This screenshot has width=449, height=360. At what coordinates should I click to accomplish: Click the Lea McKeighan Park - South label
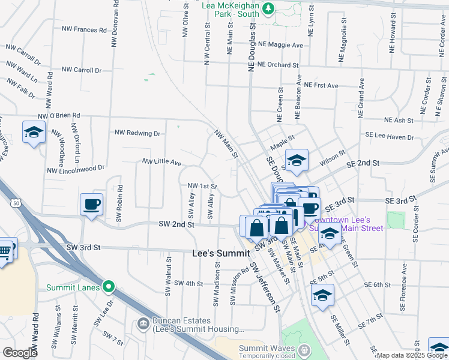tap(231, 8)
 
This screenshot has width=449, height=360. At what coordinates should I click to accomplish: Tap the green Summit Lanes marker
tap(108, 287)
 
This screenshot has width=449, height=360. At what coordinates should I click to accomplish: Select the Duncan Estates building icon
tap(143, 324)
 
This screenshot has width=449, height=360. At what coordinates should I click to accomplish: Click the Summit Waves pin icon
tap(304, 349)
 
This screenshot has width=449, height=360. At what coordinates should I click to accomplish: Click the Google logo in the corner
tap(20, 353)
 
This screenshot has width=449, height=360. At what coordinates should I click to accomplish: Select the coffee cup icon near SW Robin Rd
tap(92, 205)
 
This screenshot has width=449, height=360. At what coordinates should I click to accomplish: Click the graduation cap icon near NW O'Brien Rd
tap(34, 132)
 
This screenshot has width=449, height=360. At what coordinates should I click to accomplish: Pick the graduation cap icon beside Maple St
tap(297, 160)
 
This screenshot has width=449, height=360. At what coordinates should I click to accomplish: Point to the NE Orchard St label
tap(277, 65)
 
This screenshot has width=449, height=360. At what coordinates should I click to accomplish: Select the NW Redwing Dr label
tap(137, 133)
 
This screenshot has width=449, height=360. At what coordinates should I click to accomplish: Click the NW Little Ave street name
tap(161, 162)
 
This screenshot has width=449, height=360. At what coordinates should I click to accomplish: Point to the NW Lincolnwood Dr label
tap(76, 170)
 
